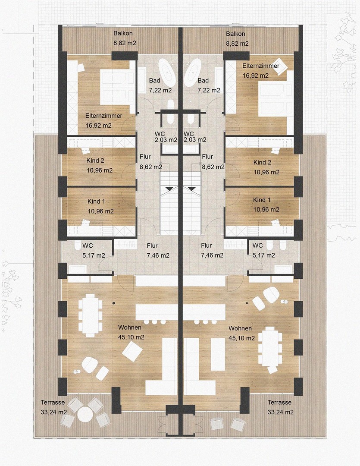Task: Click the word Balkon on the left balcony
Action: (x=123, y=33)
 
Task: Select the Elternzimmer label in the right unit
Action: (x=261, y=66)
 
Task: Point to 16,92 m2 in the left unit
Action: (x=99, y=126)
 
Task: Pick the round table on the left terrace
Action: (x=85, y=414)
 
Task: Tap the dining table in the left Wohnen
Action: (x=90, y=315)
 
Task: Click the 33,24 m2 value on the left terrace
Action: (x=54, y=412)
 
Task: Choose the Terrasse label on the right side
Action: (x=279, y=402)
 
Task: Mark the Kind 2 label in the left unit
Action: (x=95, y=161)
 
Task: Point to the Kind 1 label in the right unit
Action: (x=262, y=200)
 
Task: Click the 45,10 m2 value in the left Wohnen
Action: (x=131, y=337)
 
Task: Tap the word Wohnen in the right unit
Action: (x=240, y=328)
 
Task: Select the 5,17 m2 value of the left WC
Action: (x=94, y=255)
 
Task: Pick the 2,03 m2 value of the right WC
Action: (x=195, y=139)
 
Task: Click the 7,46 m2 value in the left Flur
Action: (x=158, y=255)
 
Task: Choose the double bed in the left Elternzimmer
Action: (x=114, y=87)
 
